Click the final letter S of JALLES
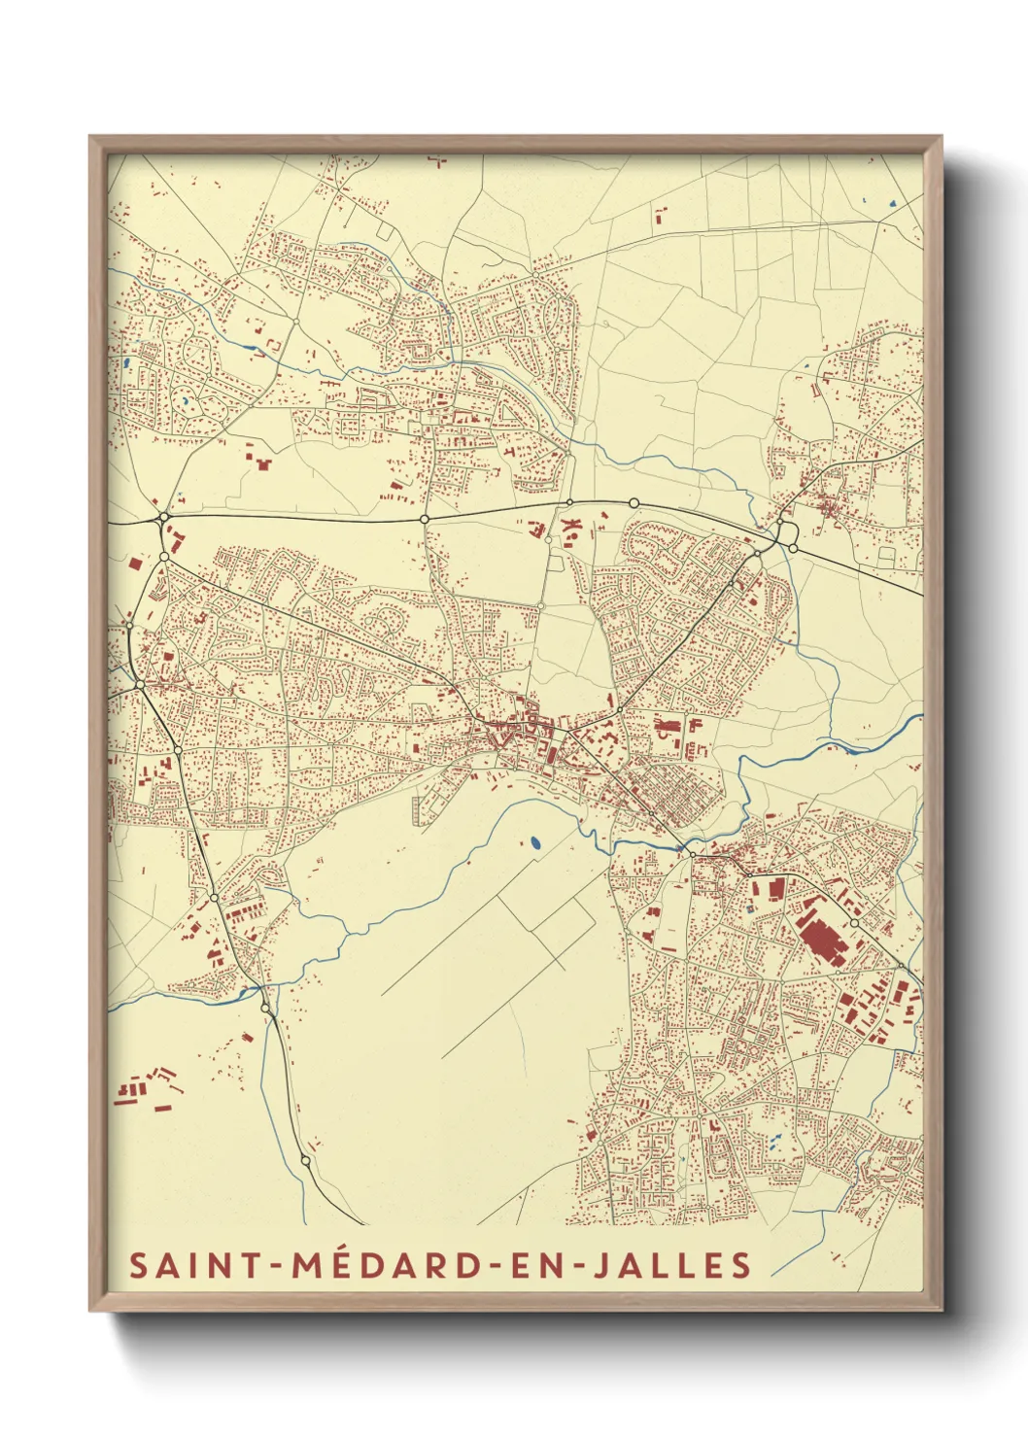click(x=742, y=1265)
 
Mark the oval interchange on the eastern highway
click(x=787, y=532)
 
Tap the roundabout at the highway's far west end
click(x=162, y=518)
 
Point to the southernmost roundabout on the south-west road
click(x=306, y=1160)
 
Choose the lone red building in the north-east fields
click(x=662, y=215)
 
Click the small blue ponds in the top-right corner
click(x=889, y=204)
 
